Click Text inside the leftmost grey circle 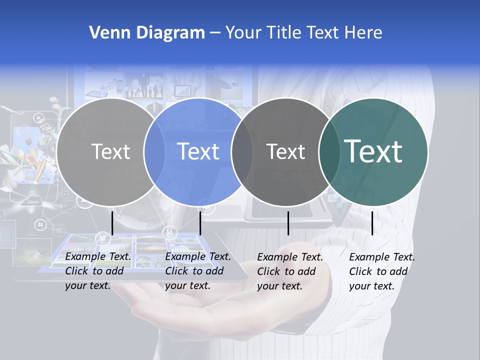point(110,151)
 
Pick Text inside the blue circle point(198,151)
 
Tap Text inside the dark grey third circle point(285,151)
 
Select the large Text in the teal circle point(373,151)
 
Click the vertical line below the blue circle point(200,223)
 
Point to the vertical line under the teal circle point(372,223)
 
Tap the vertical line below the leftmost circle point(112,223)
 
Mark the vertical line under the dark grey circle point(288,223)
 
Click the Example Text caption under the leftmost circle point(98,271)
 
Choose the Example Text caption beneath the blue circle point(198,271)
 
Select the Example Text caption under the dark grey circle point(290,271)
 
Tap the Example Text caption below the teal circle point(382,271)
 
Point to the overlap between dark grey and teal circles point(327,151)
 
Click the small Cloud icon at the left point(33,201)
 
